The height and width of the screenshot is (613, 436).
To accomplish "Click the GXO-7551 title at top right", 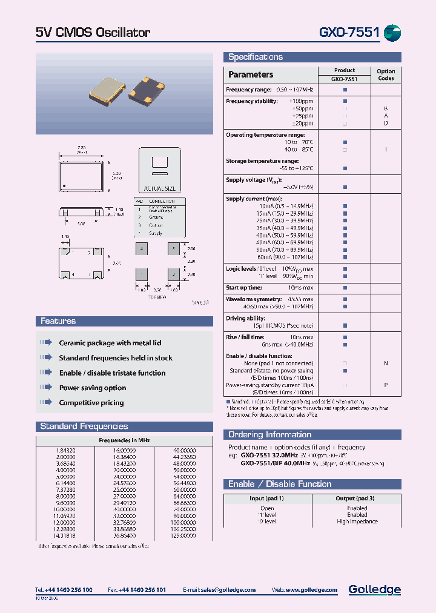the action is pyautogui.click(x=348, y=32).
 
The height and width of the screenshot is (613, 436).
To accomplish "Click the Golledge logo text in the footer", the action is pyautogui.click(x=374, y=589).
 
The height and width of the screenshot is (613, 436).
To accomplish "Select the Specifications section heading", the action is pyautogui.click(x=256, y=57).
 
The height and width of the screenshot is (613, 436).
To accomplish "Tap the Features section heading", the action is pyautogui.click(x=58, y=321).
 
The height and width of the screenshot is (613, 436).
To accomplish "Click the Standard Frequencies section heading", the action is pyautogui.click(x=84, y=426).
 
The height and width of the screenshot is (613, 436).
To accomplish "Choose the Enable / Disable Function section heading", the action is pyautogui.click(x=280, y=484).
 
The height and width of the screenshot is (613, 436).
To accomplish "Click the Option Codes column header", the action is pyautogui.click(x=386, y=75).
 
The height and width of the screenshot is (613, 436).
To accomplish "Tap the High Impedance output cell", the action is pyautogui.click(x=357, y=522).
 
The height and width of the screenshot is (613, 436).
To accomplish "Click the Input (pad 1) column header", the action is pyautogui.click(x=266, y=498).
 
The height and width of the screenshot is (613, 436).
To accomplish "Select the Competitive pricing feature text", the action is pyautogui.click(x=91, y=403).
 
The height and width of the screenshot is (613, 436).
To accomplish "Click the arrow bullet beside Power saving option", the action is pyautogui.click(x=47, y=388).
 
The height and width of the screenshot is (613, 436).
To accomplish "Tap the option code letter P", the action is pyautogui.click(x=386, y=385).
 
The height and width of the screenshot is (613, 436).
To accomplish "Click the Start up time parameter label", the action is pyautogui.click(x=244, y=288).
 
